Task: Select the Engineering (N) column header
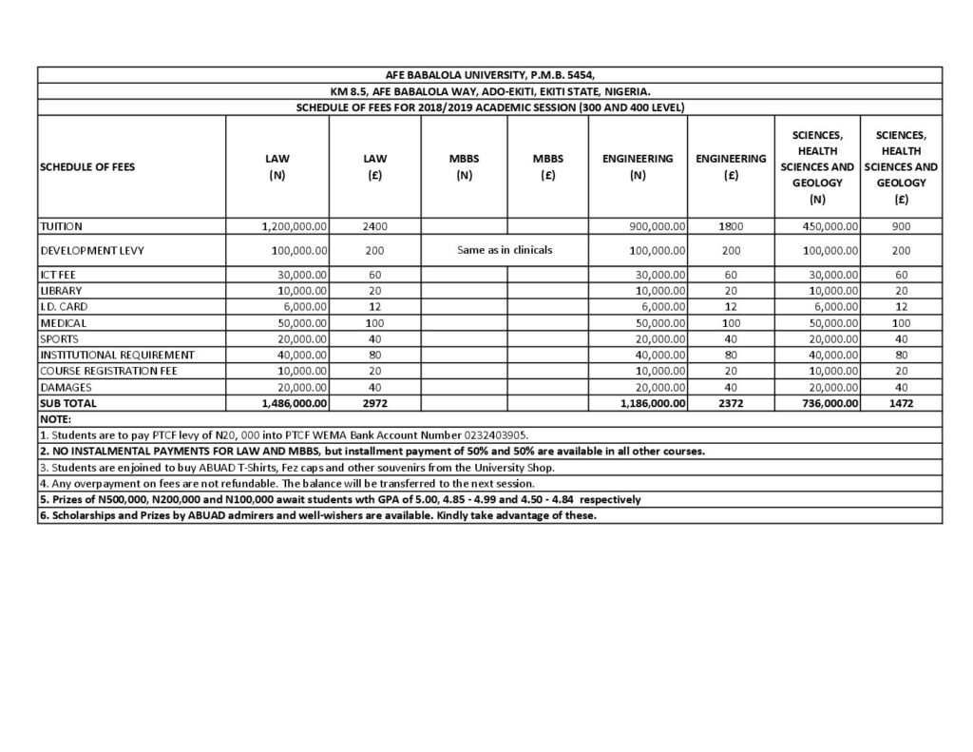pyautogui.click(x=638, y=166)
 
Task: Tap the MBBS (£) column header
pyautogui.click(x=548, y=166)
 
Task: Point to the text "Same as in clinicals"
pyautogui.click(x=505, y=250)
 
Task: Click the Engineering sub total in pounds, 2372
pyautogui.click(x=730, y=403)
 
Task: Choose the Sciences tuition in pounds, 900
pyautogui.click(x=901, y=226)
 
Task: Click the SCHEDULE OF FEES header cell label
pyautogui.click(x=87, y=166)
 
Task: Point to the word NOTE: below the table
pyautogui.click(x=56, y=418)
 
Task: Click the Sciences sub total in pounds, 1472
pyautogui.click(x=901, y=403)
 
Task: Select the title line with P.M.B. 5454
pyautogui.click(x=490, y=74)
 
